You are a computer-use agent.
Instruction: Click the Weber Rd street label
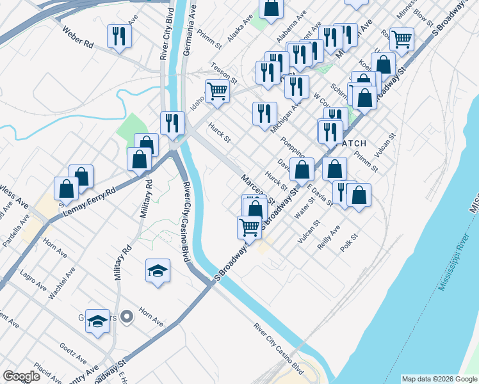point(79,38)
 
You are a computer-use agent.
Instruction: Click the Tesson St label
point(224,73)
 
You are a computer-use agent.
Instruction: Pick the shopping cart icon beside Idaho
point(217,91)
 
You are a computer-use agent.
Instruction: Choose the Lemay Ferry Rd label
point(89,200)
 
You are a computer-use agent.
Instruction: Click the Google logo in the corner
point(21,376)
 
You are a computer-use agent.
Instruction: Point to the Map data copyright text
point(439,379)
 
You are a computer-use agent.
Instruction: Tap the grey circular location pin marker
point(127,316)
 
